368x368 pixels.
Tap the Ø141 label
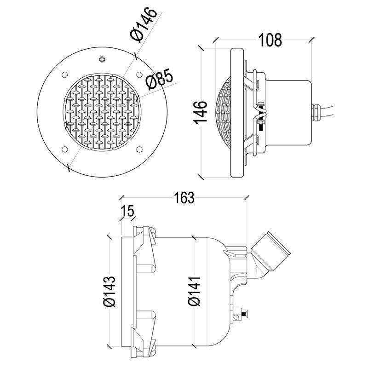(194, 291)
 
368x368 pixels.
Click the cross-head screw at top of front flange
(102, 59)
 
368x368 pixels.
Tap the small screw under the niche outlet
(242, 315)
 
